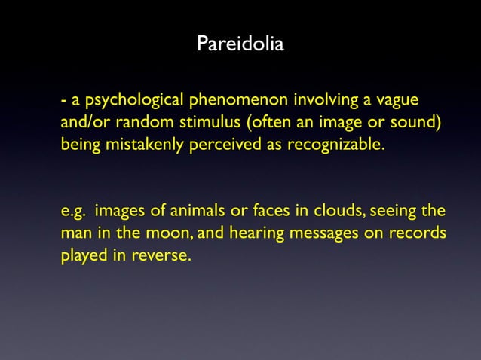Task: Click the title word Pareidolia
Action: [x=240, y=45]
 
